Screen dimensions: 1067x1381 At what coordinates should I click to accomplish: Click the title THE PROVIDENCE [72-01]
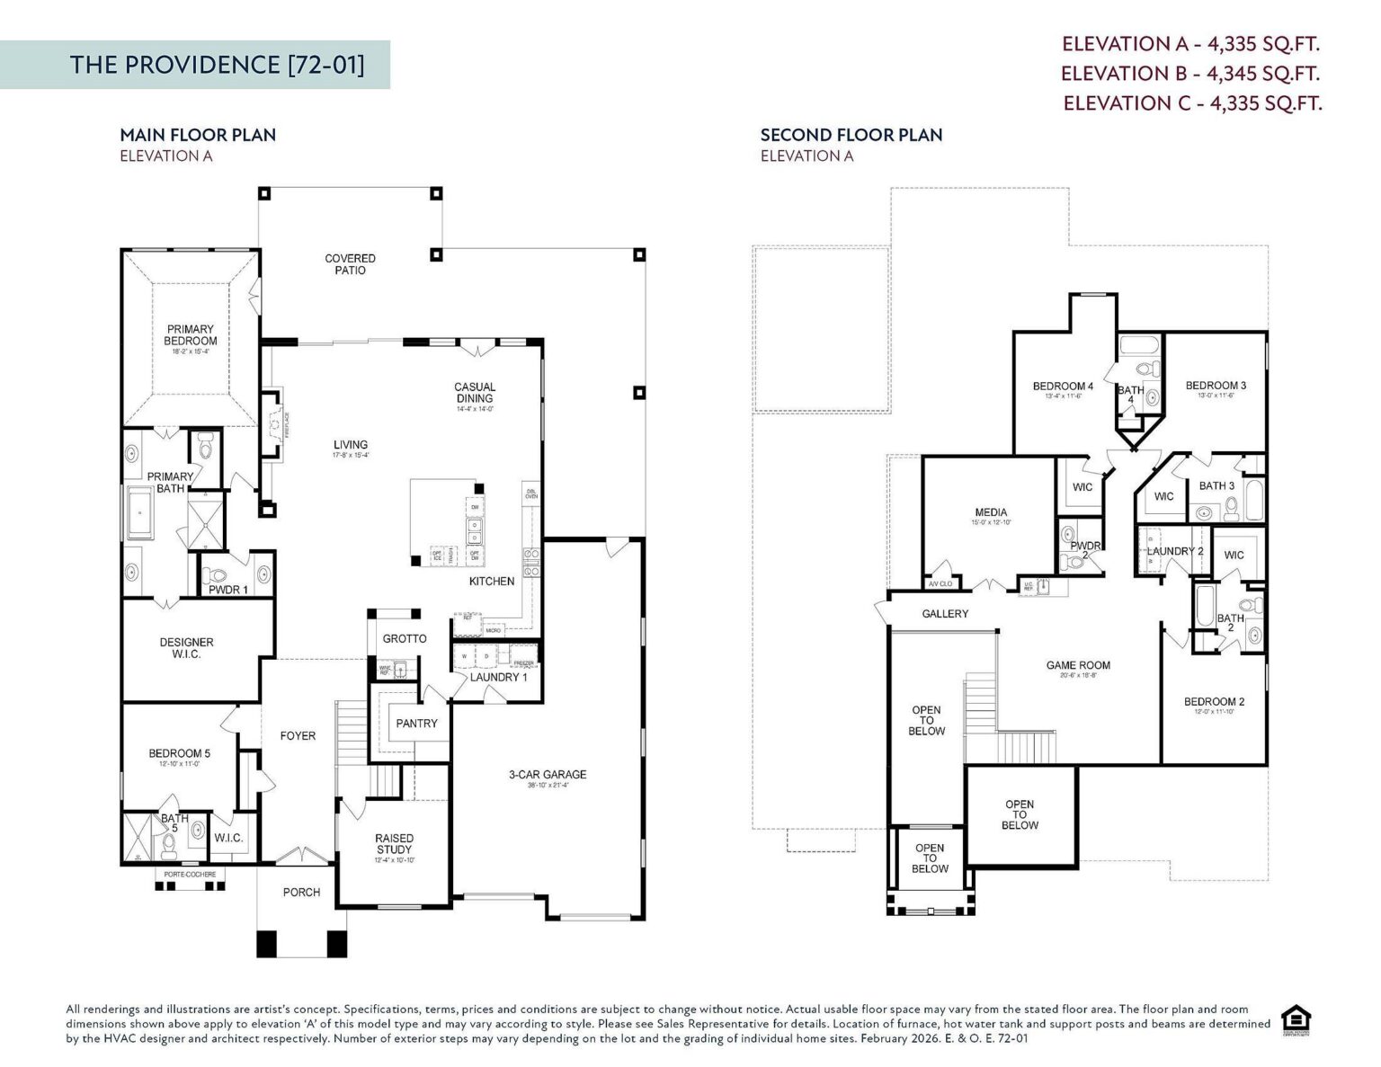coord(218,65)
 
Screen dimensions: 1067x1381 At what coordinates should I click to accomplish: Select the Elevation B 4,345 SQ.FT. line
coord(1189,73)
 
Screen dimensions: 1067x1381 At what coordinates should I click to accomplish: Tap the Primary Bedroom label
coord(190,335)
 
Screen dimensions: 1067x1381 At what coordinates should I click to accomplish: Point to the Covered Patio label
coord(350,264)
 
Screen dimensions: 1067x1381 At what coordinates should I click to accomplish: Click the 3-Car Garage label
coord(547,774)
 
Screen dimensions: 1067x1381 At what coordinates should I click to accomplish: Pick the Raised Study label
coord(394,844)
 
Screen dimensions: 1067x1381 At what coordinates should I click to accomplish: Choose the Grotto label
coord(405,638)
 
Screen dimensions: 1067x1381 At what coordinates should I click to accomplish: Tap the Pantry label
coord(416,723)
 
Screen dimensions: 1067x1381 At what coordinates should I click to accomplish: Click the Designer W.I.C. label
coord(186,648)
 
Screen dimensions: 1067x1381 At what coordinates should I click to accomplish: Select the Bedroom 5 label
coord(180,753)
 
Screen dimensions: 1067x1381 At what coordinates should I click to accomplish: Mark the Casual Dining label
coord(475,393)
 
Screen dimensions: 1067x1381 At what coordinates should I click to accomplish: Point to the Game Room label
coord(1078,665)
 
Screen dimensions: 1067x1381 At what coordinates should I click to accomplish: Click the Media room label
coord(991,512)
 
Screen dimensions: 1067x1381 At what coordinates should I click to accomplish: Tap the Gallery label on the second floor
coord(945,614)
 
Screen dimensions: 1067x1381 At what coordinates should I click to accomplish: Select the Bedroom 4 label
coord(1063,387)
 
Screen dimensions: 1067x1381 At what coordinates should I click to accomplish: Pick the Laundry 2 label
coord(1175,551)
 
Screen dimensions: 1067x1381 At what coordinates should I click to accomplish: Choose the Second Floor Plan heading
coord(851,135)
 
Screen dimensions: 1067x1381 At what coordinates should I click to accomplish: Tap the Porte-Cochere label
coord(190,875)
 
